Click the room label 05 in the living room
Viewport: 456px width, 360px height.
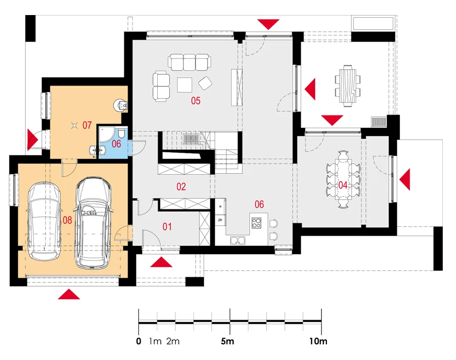[196, 101]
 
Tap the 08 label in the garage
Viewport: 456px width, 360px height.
[67, 220]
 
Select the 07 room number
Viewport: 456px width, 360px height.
[87, 125]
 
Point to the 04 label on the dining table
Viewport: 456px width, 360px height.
[343, 185]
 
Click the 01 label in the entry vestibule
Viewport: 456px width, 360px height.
[167, 226]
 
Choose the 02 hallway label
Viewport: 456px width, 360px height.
[181, 187]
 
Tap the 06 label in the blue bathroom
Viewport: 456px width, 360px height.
[116, 143]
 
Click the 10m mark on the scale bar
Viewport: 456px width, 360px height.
[318, 341]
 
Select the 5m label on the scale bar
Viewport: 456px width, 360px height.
[228, 341]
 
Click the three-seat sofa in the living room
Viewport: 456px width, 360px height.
[189, 62]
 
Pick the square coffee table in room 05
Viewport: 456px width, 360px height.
[184, 85]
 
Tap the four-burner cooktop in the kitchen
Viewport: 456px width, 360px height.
[256, 223]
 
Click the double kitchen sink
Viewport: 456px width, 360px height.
[238, 240]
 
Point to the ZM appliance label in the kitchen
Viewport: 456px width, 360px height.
[220, 220]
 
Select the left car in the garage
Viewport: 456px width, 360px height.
[44, 221]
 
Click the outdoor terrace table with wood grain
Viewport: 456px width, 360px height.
[349, 86]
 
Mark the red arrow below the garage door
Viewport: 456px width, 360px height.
[69, 294]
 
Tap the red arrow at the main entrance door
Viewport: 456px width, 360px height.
[161, 262]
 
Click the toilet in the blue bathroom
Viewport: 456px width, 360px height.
[121, 135]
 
